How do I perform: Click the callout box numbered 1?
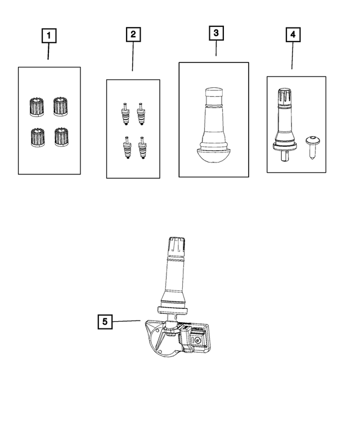click(49, 35)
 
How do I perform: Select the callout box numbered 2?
click(133, 34)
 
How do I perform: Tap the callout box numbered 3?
click(216, 33)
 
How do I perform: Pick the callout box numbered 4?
click(293, 34)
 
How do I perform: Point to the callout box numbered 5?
click(105, 322)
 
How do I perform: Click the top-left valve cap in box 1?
click(37, 107)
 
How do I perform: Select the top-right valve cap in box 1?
click(60, 106)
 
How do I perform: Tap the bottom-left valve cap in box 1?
click(38, 137)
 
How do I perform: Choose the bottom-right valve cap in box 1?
click(61, 137)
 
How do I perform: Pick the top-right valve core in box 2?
click(141, 114)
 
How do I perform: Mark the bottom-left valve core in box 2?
click(127, 148)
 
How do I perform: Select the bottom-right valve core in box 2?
click(142, 148)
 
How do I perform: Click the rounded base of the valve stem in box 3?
click(214, 155)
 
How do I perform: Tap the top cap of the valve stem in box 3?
click(214, 96)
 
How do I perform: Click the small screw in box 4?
click(312, 148)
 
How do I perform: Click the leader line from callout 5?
click(126, 321)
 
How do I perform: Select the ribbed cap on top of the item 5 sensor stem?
click(177, 247)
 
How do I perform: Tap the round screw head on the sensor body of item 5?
click(197, 340)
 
